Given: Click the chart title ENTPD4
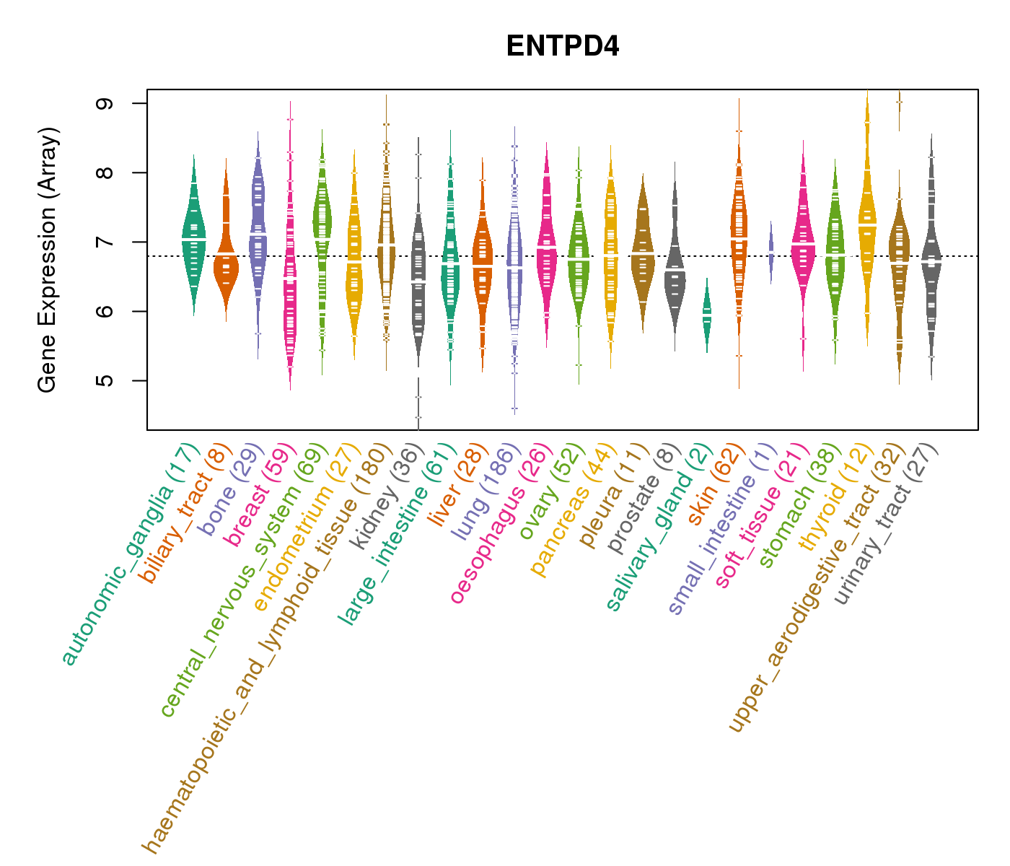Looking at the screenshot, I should (563, 46).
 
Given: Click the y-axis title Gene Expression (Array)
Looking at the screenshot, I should (48, 260).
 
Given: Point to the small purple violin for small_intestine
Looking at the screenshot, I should (771, 253).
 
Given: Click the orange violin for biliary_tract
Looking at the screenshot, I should (226, 260).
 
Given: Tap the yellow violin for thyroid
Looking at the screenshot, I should (867, 216).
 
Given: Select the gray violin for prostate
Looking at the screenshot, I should (675, 267).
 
